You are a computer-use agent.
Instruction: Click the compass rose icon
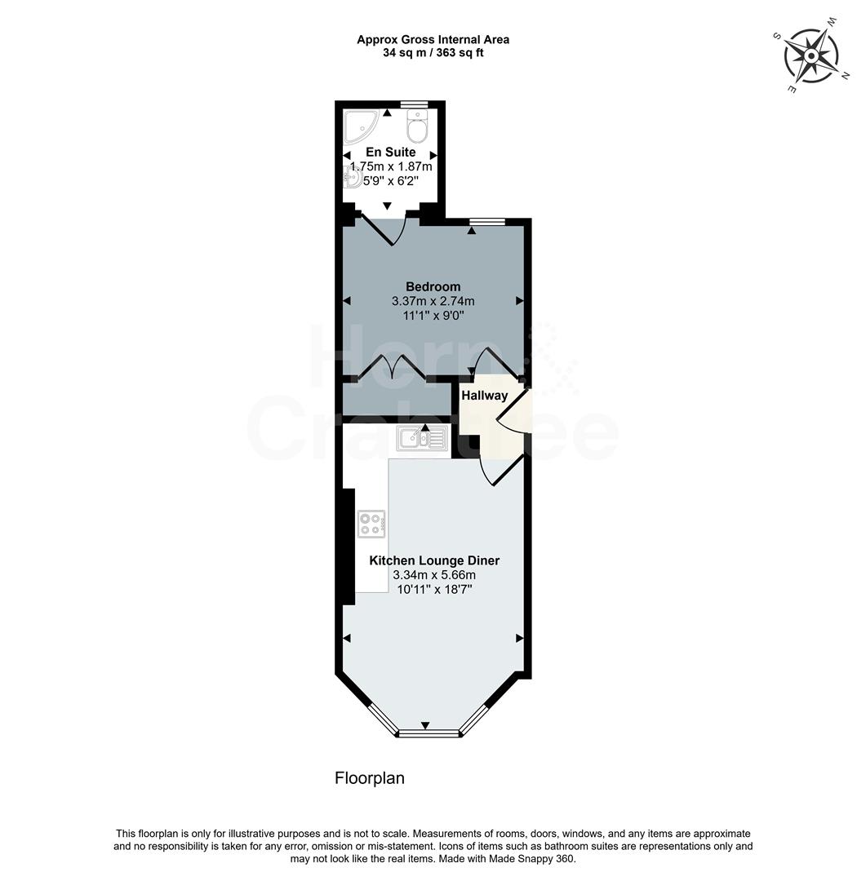point(811,55)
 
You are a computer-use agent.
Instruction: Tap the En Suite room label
point(389,152)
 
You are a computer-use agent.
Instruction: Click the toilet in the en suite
point(416,127)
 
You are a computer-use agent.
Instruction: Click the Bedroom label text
point(433,286)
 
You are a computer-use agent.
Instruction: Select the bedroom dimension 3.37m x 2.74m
point(433,301)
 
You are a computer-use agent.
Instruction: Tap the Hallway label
point(484,396)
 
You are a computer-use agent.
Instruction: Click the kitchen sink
point(422,439)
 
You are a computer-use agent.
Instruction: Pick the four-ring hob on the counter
point(371,523)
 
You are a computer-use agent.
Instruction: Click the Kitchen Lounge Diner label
point(433,560)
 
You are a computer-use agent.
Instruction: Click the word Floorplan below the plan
point(369,778)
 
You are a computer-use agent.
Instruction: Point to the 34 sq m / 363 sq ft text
point(433,53)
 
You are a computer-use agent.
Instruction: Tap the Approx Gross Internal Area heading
point(433,39)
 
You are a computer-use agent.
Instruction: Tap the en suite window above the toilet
point(415,104)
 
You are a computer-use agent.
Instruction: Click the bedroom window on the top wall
point(487,221)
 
